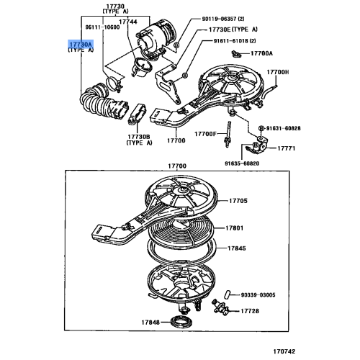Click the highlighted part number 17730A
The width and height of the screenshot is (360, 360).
point(80,44)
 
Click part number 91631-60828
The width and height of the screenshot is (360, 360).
point(290,128)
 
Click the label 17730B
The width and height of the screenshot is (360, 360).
point(138,136)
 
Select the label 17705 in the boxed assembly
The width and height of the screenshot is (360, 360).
point(238,202)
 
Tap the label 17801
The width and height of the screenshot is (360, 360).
point(238,230)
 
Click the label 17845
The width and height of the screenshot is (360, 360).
point(238,248)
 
